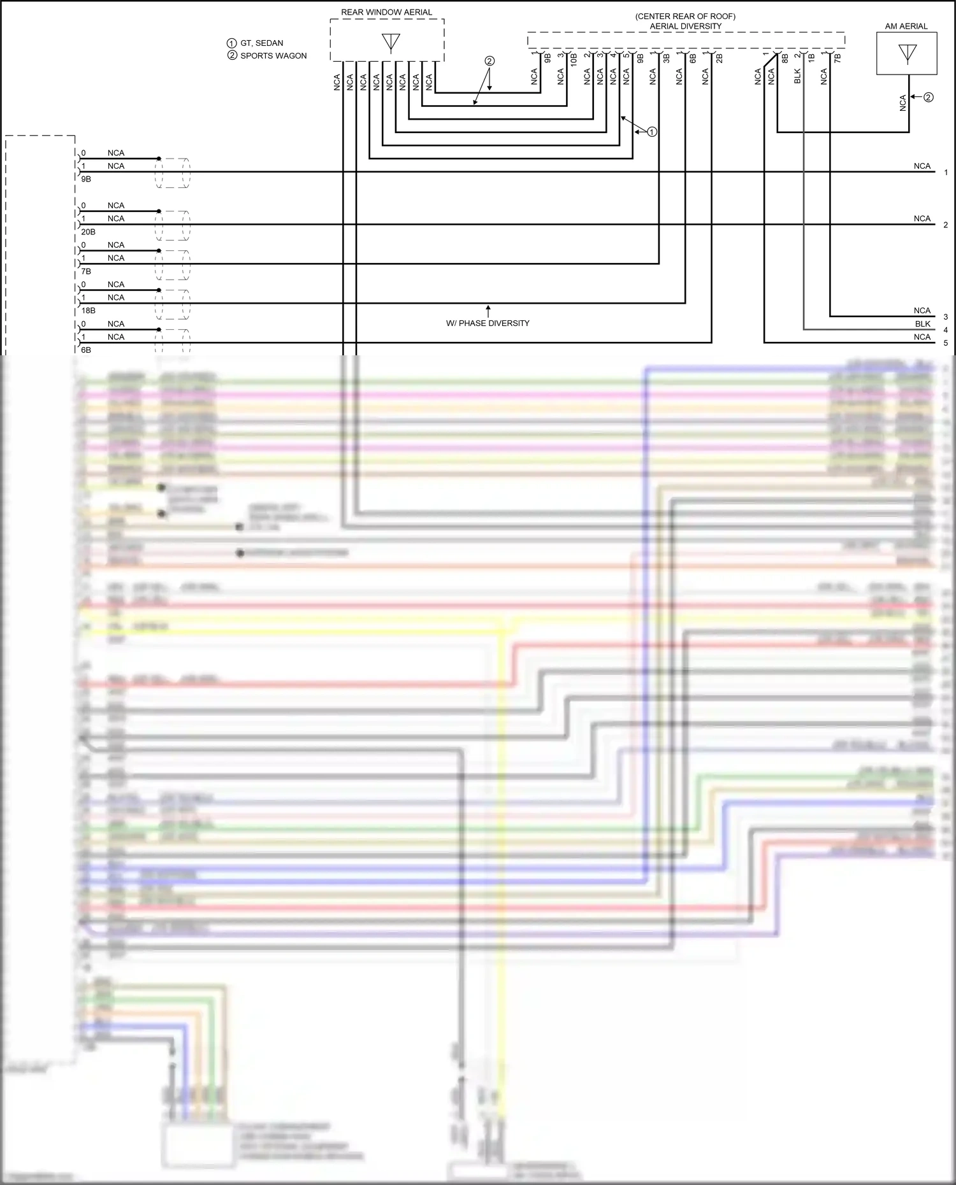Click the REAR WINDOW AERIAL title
tap(386, 12)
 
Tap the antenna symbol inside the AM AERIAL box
tap(907, 53)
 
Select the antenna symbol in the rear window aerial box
tap(391, 43)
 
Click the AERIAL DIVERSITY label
tap(685, 26)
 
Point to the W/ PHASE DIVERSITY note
tap(488, 323)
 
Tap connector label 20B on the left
tap(88, 232)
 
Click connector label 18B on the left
tap(88, 311)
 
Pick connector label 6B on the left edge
tap(86, 350)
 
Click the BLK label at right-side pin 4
tap(922, 324)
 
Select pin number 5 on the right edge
tap(946, 343)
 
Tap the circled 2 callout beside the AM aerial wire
tap(928, 97)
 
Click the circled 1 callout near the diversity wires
tap(651, 132)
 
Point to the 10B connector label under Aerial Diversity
tap(574, 60)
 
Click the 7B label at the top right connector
tap(837, 57)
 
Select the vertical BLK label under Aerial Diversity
tap(797, 76)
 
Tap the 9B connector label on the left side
tap(86, 179)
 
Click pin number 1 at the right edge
tap(946, 172)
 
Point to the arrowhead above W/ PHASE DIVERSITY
tap(488, 308)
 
